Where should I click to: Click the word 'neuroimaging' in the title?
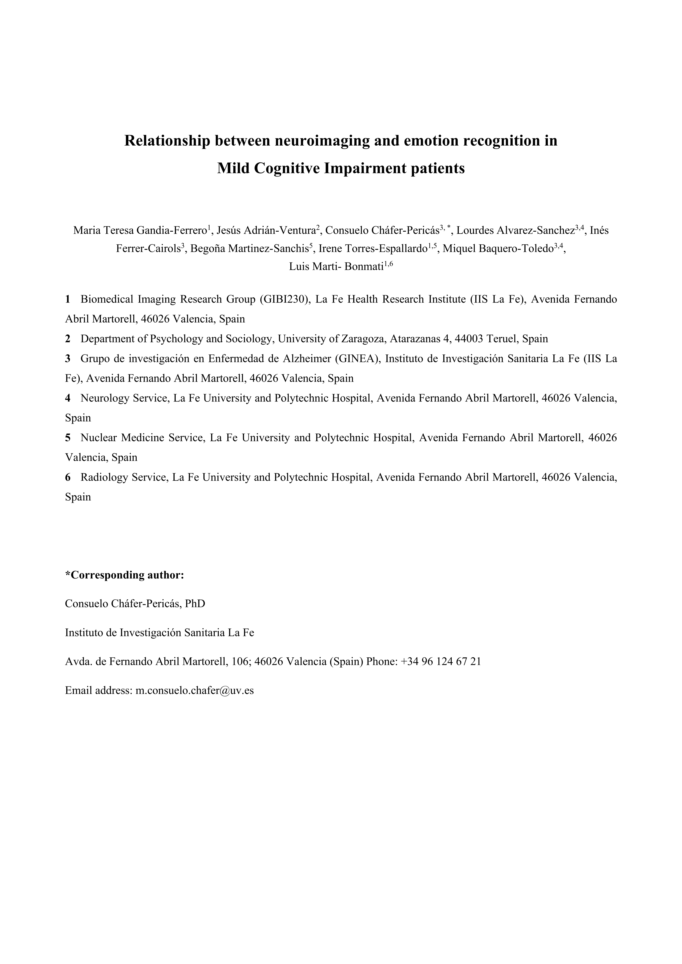(322, 141)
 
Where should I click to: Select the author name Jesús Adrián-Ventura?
(266, 231)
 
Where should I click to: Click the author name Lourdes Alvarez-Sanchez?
(516, 231)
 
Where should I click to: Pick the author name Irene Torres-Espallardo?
(373, 249)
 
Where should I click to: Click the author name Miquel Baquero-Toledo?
(498, 249)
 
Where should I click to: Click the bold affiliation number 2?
(68, 339)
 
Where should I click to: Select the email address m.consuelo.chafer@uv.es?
(194, 691)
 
